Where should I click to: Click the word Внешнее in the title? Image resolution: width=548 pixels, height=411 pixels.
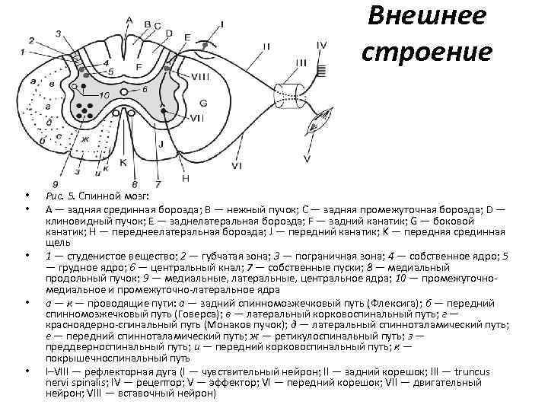pyautogui.click(x=426, y=18)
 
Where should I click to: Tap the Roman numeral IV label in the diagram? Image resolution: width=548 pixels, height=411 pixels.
pyautogui.click(x=322, y=46)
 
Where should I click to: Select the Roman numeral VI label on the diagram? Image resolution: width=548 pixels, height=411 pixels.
pyautogui.click(x=237, y=164)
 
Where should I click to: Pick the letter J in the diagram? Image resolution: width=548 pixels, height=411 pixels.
pyautogui.click(x=161, y=144)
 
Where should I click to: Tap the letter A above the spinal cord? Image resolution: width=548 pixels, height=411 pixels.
pyautogui.click(x=128, y=19)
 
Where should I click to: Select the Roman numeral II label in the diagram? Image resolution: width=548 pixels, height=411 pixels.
pyautogui.click(x=266, y=46)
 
